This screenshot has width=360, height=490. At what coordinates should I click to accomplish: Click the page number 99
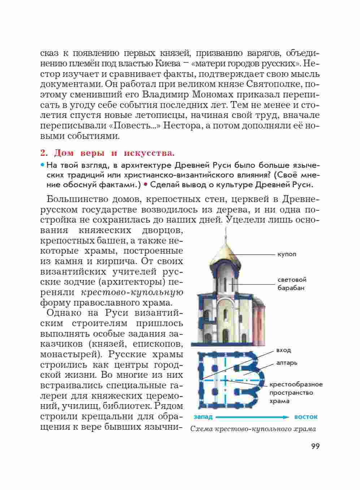point(315,446)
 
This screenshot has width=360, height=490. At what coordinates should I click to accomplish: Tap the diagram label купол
point(287,254)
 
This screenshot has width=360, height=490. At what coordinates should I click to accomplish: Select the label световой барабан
point(292,284)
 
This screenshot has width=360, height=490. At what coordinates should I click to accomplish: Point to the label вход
point(283,350)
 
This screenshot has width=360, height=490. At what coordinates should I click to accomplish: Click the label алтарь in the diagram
point(287,363)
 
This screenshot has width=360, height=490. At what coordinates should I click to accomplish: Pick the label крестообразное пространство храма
point(296,393)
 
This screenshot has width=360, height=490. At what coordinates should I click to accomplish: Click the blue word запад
point(203,417)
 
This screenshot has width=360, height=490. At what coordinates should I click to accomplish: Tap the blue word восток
point(306,417)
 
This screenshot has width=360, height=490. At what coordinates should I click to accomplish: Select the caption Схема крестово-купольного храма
point(253,429)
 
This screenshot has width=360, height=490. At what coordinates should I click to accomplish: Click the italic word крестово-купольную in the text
point(132,292)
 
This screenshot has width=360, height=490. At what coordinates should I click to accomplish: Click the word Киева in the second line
point(168,64)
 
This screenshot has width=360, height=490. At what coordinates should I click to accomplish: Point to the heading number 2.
point(44,153)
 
